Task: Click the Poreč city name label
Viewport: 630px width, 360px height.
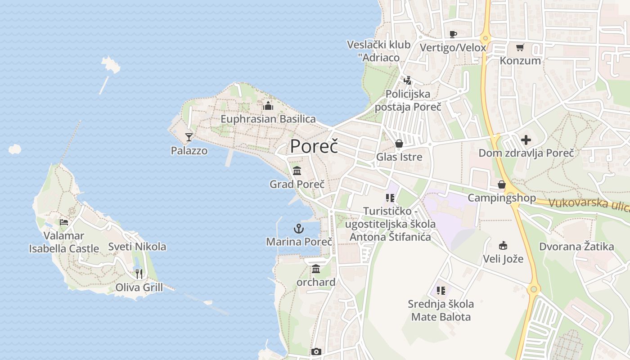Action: click(x=314, y=146)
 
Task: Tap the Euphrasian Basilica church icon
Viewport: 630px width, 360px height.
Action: click(x=268, y=106)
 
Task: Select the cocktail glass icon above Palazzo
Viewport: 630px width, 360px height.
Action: click(x=189, y=137)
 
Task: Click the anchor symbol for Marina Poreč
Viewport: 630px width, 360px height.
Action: click(x=299, y=229)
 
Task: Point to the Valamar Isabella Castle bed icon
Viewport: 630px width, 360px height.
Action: click(x=64, y=222)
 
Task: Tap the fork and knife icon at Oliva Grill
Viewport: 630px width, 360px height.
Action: click(x=139, y=274)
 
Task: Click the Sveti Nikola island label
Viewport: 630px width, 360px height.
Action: click(x=137, y=247)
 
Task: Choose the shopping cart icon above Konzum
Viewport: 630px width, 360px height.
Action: click(x=520, y=47)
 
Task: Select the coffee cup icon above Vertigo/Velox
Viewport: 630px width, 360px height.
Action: click(x=453, y=34)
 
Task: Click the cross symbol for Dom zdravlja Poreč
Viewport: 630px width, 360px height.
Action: click(x=526, y=140)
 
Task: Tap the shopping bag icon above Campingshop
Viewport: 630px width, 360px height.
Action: click(x=502, y=184)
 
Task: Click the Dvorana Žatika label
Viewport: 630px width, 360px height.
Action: click(x=576, y=247)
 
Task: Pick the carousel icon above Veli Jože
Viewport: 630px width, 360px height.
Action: click(x=503, y=245)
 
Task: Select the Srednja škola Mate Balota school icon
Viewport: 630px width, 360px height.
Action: click(x=441, y=291)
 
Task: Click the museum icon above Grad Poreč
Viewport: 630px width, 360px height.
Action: click(x=297, y=171)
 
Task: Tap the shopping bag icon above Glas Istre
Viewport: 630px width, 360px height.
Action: click(x=399, y=144)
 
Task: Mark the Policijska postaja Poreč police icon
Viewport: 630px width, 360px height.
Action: click(x=408, y=81)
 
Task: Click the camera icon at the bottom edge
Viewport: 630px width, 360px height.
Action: click(x=316, y=351)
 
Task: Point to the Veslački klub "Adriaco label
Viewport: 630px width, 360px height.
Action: click(x=378, y=51)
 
